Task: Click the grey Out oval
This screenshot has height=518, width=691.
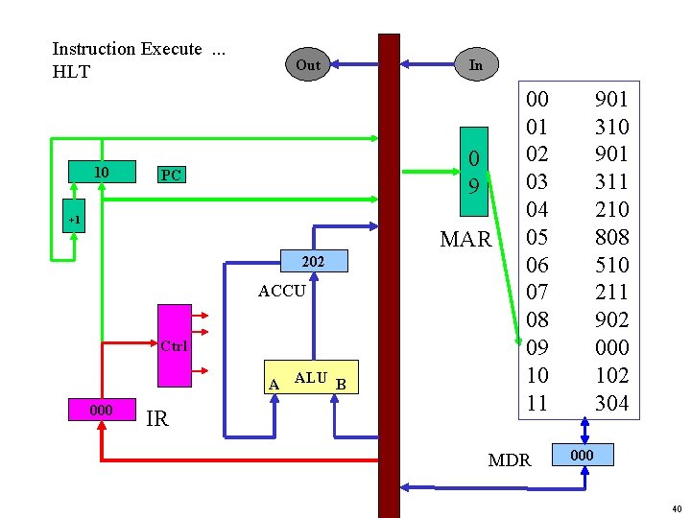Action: [x=308, y=65]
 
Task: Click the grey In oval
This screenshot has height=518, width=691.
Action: [x=476, y=65]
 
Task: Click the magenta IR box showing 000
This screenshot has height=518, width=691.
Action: [x=100, y=410]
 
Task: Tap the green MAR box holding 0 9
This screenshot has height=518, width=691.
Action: [x=474, y=171]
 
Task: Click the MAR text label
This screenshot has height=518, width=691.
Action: [x=465, y=239]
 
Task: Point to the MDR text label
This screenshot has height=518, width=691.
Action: [x=510, y=460]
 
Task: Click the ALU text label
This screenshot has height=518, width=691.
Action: [x=311, y=378]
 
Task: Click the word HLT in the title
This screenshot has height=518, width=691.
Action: [x=71, y=71]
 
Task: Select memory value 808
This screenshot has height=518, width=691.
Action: [x=611, y=237]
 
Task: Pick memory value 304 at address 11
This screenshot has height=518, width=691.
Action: [x=611, y=403]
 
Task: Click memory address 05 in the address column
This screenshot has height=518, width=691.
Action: [x=537, y=237]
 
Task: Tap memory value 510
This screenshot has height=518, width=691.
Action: [x=611, y=265]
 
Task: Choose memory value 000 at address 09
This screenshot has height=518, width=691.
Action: [x=611, y=347]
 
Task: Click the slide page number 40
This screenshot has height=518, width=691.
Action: [x=675, y=508]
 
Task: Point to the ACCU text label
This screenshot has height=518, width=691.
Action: [x=282, y=291]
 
